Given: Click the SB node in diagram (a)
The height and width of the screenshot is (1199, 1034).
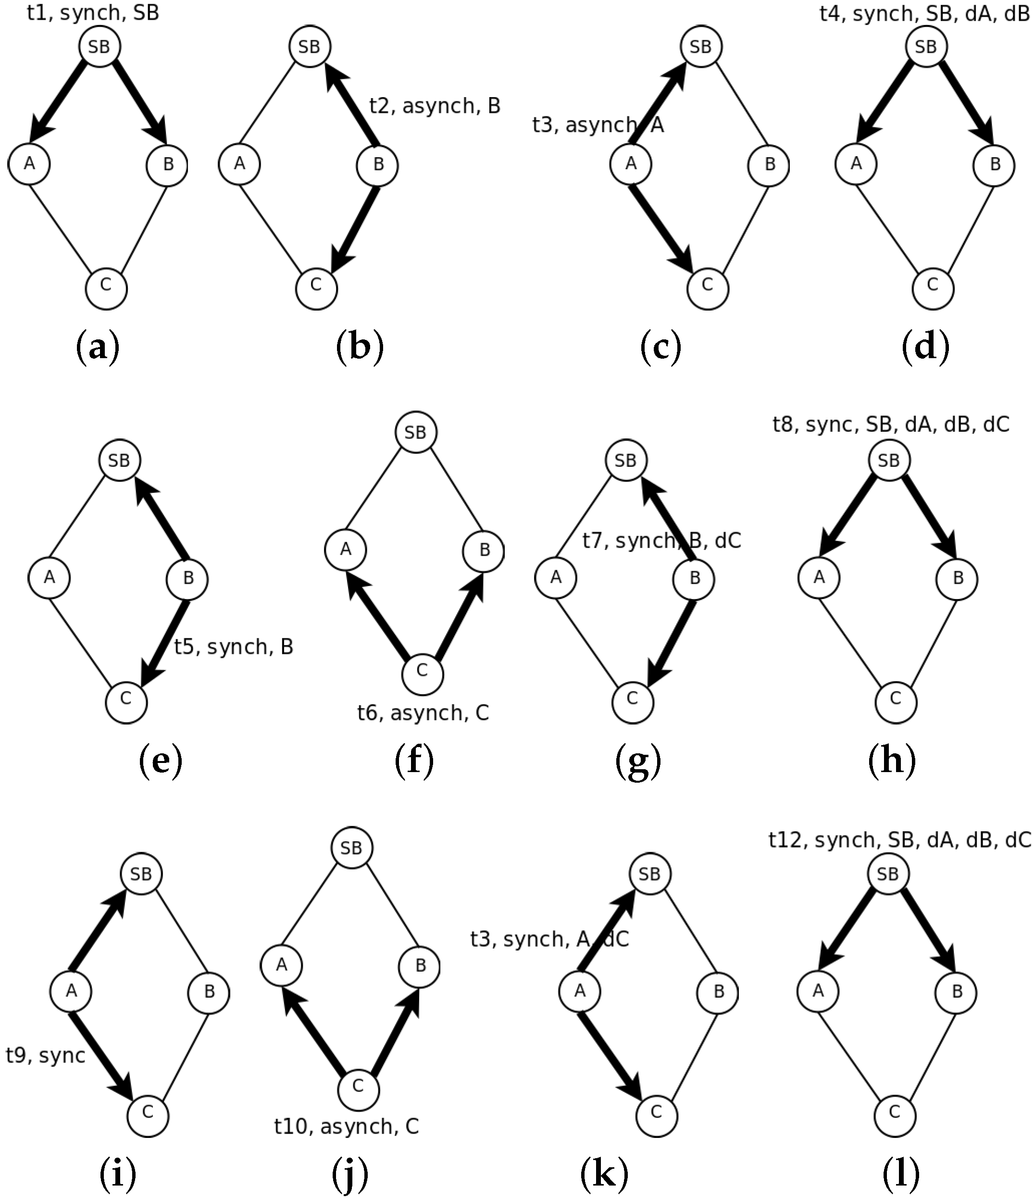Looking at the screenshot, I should coord(99,46).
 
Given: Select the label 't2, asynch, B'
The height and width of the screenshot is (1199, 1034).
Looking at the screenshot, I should coord(435,106).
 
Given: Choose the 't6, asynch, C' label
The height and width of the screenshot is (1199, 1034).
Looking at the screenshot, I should coord(423,713).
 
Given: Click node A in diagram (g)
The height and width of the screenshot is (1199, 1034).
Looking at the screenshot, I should coord(556,577).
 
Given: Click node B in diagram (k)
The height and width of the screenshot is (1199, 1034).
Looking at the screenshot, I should coord(719,992).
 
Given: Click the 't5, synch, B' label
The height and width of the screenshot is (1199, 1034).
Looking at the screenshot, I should coord(234,646).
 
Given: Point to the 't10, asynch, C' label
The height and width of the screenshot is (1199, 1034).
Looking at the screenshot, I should coord(346,1126).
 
